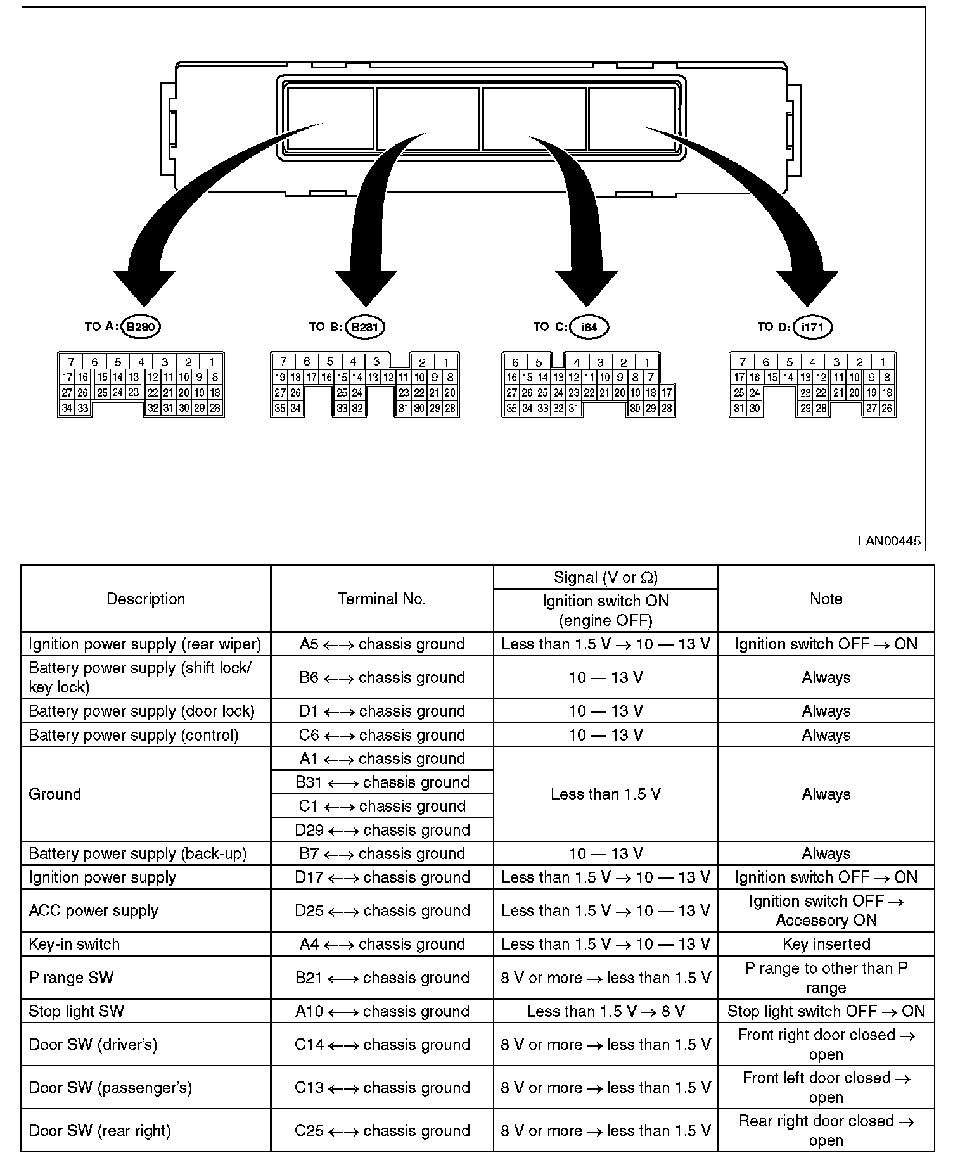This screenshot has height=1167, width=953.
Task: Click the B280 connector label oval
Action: click(140, 327)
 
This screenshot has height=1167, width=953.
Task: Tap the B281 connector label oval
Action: click(364, 327)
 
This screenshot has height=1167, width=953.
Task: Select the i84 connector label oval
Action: click(589, 327)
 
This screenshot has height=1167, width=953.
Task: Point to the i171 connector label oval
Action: click(812, 327)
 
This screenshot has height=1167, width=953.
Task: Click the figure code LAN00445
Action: click(889, 541)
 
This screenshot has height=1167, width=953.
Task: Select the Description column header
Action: click(146, 599)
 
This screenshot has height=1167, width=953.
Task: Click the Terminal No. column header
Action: click(381, 599)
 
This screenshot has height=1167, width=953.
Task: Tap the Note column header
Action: click(826, 599)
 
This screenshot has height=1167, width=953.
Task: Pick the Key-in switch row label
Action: click(74, 944)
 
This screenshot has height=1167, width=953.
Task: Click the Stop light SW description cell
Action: click(76, 1011)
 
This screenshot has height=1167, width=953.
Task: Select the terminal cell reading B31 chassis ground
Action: click(382, 782)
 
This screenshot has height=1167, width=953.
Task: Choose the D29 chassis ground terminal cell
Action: click(382, 830)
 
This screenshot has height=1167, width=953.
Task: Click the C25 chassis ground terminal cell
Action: click(382, 1130)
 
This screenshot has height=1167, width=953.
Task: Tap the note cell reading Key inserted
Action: click(826, 944)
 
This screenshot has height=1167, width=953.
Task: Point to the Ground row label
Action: click(55, 794)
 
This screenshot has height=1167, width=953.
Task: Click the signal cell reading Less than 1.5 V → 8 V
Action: click(606, 1011)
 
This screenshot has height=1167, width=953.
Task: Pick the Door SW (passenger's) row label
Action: click(110, 1088)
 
